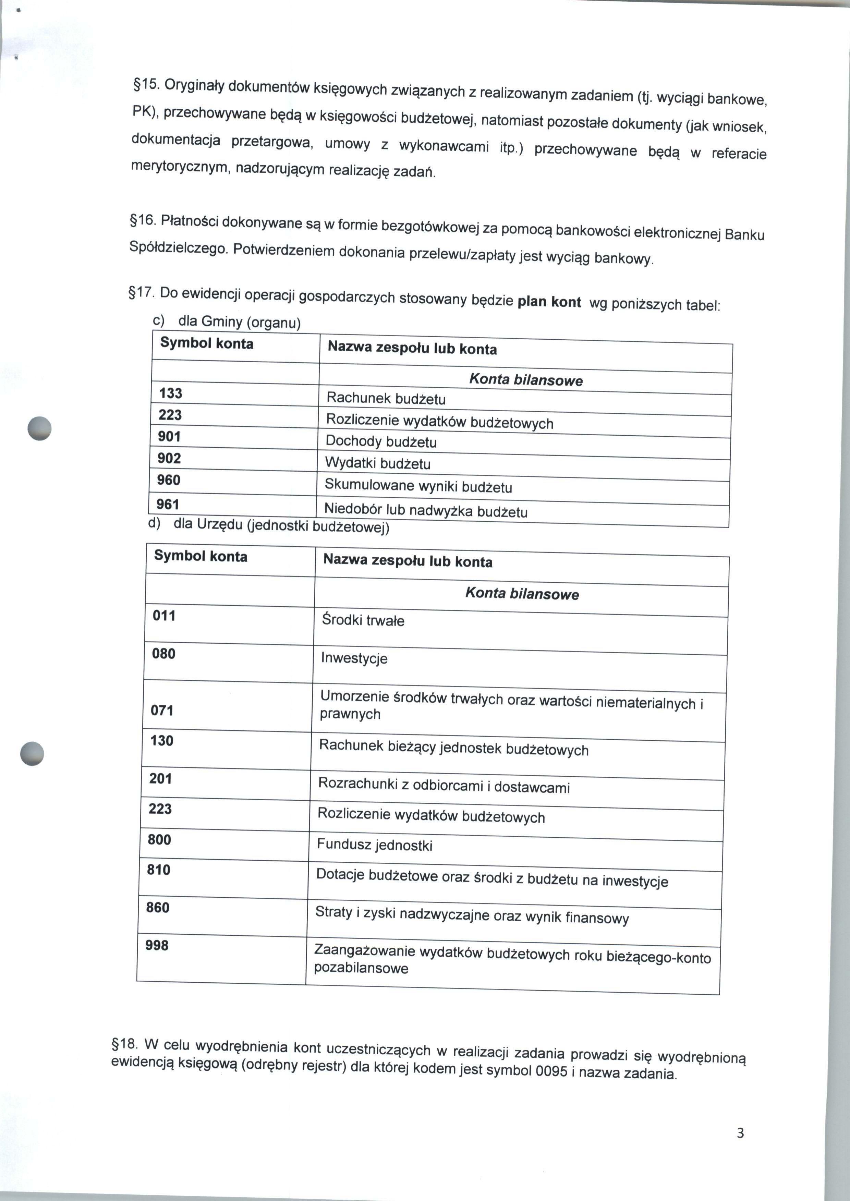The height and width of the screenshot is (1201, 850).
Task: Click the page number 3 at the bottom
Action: (740, 1133)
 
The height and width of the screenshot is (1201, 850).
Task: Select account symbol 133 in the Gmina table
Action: (171, 393)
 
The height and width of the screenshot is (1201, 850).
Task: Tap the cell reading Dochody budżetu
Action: (381, 442)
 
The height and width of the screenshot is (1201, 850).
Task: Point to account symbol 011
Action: (164, 616)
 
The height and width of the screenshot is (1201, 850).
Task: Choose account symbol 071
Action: (162, 710)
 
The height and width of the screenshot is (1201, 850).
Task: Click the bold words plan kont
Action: (549, 302)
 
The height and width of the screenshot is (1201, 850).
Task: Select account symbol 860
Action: (158, 907)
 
